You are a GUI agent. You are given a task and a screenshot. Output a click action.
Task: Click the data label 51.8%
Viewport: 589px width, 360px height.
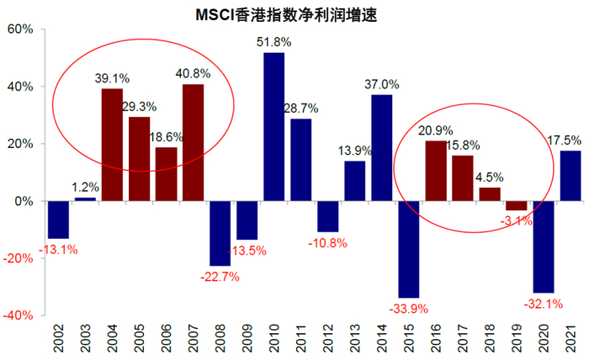point(274,41)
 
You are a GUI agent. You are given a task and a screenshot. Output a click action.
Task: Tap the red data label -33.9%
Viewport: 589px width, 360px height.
point(410,306)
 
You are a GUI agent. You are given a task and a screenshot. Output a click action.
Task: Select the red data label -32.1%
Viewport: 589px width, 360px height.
point(544,303)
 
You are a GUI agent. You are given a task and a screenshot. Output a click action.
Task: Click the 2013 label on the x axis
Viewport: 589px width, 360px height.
point(355,341)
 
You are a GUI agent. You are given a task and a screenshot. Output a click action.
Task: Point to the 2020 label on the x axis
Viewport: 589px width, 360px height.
point(544,341)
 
